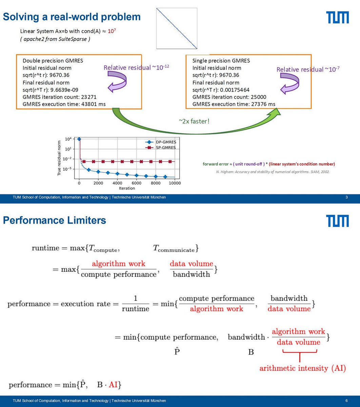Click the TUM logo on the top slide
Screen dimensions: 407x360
(x=337, y=17)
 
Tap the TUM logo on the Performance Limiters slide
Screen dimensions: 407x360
(x=337, y=220)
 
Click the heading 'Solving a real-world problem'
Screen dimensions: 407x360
(x=72, y=17)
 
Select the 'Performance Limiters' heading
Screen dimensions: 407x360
(x=55, y=220)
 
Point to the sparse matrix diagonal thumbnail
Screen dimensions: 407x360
(x=177, y=28)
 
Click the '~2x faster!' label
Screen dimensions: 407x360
(x=194, y=121)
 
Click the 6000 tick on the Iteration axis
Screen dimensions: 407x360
(x=137, y=183)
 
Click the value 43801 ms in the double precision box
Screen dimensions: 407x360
(x=93, y=104)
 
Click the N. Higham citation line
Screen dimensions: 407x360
(x=273, y=172)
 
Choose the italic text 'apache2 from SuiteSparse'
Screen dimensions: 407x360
(x=55, y=39)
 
